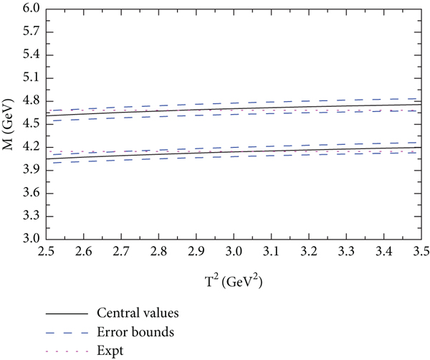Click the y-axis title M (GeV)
pos(9,125)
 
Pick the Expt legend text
pos(108,351)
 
